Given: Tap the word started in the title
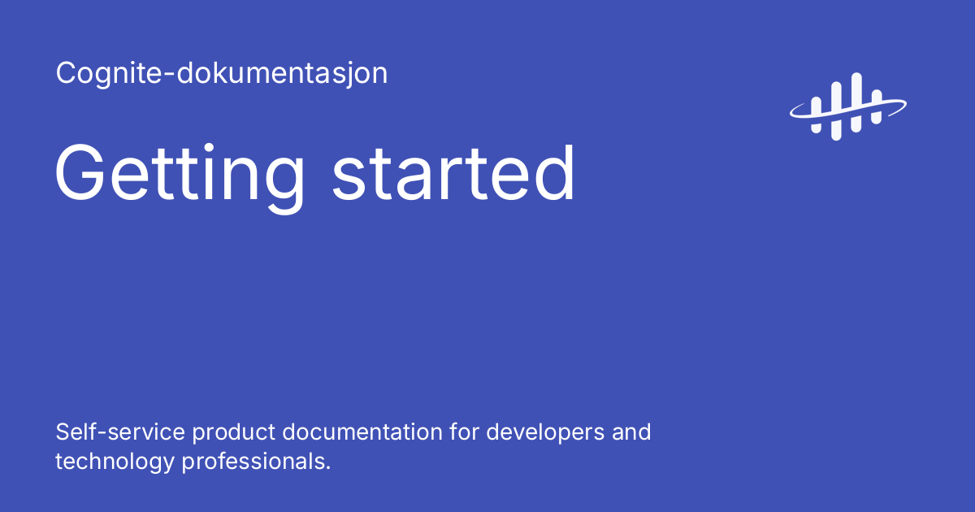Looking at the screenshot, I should (453, 174).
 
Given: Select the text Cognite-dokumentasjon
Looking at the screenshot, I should (222, 74).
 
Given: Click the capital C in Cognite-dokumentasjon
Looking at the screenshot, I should (65, 74).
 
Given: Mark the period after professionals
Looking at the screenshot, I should (328, 468).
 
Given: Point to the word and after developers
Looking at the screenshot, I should (630, 432).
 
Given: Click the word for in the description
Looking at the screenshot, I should (464, 432).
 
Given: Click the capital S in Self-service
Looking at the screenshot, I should (62, 432).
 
